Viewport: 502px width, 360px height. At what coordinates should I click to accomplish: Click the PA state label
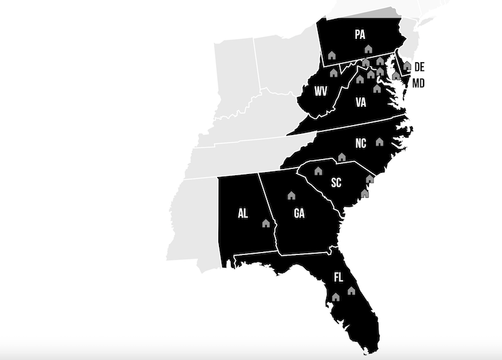(360, 35)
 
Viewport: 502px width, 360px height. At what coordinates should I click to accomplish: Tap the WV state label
(321, 92)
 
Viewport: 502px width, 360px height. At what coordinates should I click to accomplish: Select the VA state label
(361, 102)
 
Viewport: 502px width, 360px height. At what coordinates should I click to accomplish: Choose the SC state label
(336, 183)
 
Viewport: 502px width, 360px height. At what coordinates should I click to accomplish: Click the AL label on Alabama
(243, 214)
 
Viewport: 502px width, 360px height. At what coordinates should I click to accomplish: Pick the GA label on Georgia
(299, 214)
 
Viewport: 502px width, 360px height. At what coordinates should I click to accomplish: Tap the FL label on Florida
(339, 277)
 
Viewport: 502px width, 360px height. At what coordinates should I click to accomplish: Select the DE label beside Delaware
(419, 67)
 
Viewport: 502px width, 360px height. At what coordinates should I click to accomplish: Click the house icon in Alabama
(265, 222)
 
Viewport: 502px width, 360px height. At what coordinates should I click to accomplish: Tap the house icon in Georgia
(291, 195)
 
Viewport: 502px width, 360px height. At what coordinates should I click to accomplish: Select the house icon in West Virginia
(333, 73)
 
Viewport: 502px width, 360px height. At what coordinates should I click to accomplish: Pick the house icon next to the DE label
(407, 65)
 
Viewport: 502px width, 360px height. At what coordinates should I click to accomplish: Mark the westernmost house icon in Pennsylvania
(331, 55)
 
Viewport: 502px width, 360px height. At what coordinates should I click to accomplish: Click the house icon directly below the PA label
(368, 48)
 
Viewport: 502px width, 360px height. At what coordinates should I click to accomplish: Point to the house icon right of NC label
(379, 141)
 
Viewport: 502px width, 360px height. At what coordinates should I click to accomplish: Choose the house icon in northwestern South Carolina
(318, 170)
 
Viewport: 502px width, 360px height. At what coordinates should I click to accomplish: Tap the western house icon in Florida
(336, 297)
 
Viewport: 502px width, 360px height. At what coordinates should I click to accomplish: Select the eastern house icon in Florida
(351, 291)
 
